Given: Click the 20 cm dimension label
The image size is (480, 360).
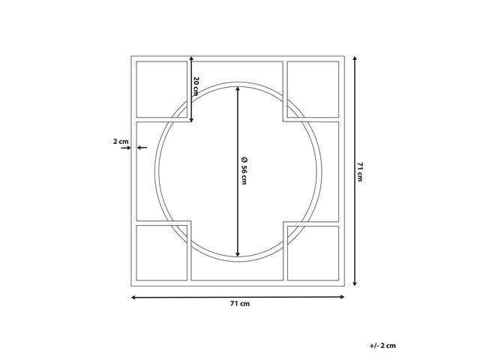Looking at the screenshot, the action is [x=196, y=86].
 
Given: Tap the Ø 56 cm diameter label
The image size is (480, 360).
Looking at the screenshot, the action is [x=244, y=171].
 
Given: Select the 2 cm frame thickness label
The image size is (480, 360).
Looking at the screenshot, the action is [x=121, y=142].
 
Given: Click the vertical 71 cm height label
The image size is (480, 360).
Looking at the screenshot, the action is [x=360, y=172].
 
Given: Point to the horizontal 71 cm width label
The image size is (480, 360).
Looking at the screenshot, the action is [x=240, y=304].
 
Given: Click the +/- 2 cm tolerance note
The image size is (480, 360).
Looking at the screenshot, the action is [x=382, y=346].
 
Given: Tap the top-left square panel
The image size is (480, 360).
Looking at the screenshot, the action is [x=162, y=89].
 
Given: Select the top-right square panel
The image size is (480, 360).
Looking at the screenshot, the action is [x=313, y=89].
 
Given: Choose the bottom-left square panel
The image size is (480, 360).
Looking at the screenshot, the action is [x=162, y=253].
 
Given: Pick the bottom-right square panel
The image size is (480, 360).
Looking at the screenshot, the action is [x=313, y=253].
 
